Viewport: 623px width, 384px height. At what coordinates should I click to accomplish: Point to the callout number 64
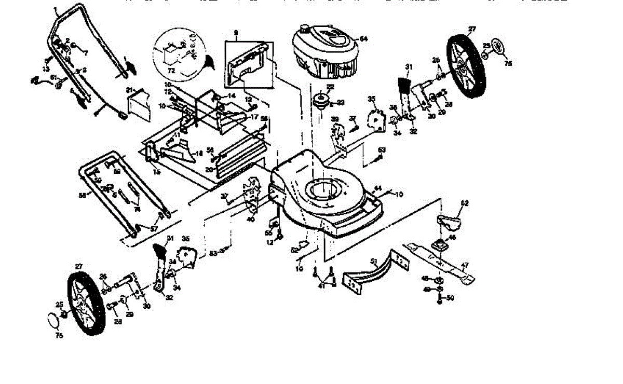click(x=363, y=39)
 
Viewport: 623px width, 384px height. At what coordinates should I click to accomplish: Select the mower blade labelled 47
click(x=441, y=262)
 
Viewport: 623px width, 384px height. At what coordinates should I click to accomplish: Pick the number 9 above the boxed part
click(x=236, y=32)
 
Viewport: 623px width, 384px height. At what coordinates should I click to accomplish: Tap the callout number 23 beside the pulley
click(x=341, y=102)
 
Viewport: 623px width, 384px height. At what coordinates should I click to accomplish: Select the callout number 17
click(x=254, y=118)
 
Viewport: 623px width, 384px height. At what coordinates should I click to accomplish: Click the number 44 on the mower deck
click(x=378, y=187)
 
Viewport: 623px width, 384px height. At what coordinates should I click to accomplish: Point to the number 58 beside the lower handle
click(x=82, y=195)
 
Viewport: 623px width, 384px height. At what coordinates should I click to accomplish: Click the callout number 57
click(x=154, y=228)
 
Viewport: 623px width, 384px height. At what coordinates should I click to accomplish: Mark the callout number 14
click(x=231, y=96)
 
